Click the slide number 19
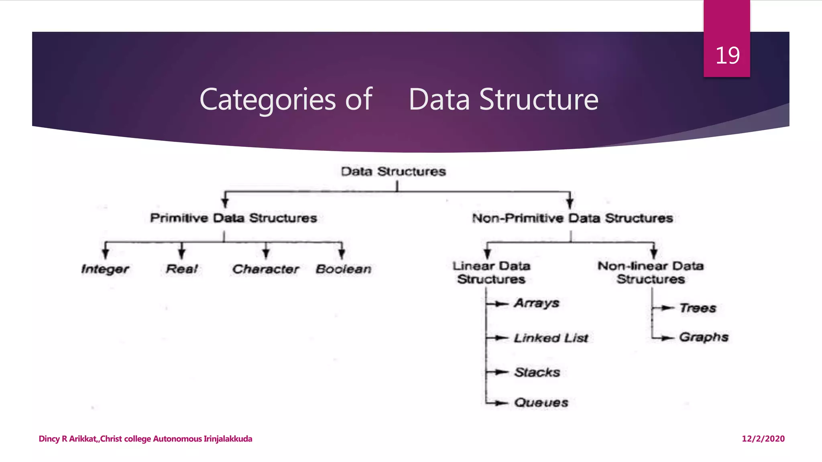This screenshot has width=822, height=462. pos(727,55)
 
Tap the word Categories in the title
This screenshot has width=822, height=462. pos(267,99)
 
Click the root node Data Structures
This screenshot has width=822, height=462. pos(393,172)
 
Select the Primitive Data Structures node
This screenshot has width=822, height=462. pos(233,218)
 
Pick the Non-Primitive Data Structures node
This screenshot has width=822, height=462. pos(572,218)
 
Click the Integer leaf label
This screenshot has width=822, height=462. pos(105,269)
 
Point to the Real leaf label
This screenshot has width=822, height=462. pos(182,269)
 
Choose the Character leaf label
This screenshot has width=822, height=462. pos(266,269)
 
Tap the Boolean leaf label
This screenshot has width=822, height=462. pos(344,269)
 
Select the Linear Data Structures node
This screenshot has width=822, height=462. pos(491,272)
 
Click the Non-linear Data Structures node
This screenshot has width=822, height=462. pos(651,272)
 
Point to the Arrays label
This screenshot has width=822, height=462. pos(537,303)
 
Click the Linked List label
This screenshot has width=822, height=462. pos(551,338)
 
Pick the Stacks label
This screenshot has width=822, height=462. pos(537,373)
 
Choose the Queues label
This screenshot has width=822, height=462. pos(541,403)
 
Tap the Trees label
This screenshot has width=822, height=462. pos(698,308)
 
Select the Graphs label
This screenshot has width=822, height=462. pos(704,337)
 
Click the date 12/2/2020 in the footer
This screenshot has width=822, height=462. pos(763,439)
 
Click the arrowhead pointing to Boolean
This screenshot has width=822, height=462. pos(342,253)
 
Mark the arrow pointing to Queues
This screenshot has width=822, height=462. pos(500,403)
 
